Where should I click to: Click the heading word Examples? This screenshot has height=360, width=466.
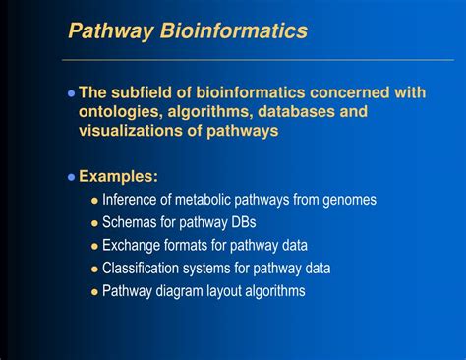[x=118, y=177]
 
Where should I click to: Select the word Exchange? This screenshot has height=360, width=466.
[x=134, y=245]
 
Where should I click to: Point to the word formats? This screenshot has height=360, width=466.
[x=194, y=245]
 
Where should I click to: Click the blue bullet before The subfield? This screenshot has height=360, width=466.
[x=71, y=93]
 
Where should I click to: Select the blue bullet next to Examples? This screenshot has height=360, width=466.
[x=71, y=178]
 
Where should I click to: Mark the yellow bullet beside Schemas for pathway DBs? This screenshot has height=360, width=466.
[x=94, y=223]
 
